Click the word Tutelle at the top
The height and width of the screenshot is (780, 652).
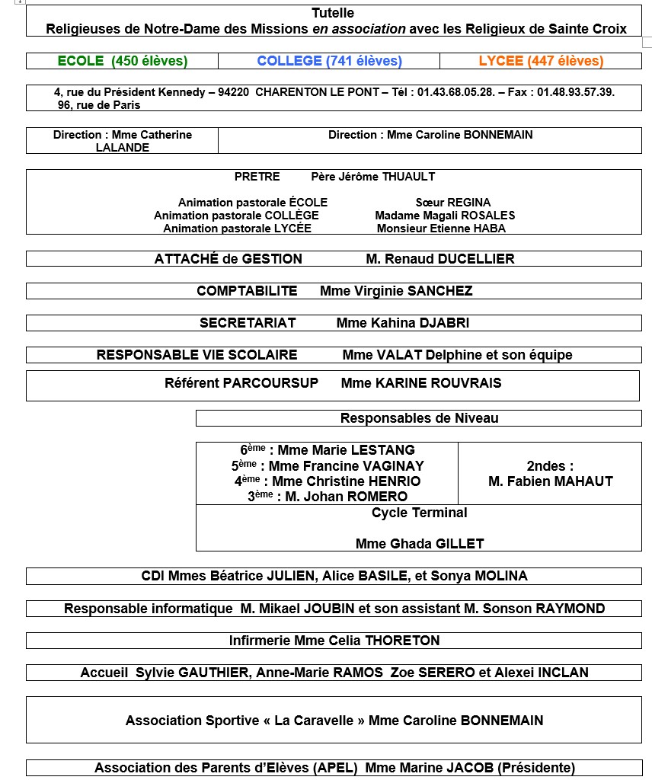tap(333, 13)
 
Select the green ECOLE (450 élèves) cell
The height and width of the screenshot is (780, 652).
tap(123, 61)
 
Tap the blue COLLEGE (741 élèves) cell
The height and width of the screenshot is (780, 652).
tap(329, 61)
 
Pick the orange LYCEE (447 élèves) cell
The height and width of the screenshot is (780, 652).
tap(541, 61)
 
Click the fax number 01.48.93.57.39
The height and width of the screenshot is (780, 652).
tap(576, 92)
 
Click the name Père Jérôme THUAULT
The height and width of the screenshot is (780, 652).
tap(373, 177)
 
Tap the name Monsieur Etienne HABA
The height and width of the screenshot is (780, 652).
tap(441, 229)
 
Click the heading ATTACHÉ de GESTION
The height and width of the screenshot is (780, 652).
tap(228, 259)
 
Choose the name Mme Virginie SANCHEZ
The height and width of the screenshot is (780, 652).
tap(396, 291)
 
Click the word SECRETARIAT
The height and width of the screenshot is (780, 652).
tap(248, 323)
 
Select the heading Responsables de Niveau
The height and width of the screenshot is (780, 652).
tap(419, 418)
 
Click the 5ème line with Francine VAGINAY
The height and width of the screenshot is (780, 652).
tap(328, 465)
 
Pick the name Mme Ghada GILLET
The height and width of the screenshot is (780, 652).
tap(420, 544)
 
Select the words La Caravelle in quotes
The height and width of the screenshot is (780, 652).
tap(313, 721)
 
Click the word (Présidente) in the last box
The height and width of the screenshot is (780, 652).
tap(533, 768)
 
